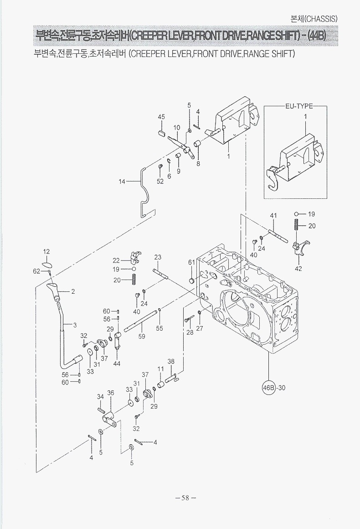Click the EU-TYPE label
[x=299, y=106]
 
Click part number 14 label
[x=122, y=182]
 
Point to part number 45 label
[x=161, y=117]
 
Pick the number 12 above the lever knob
[x=46, y=251]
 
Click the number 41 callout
[x=273, y=215]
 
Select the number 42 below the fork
[x=298, y=269]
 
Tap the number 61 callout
[x=191, y=262]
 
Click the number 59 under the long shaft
[x=142, y=336]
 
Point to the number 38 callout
[x=171, y=362]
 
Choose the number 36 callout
[x=110, y=393]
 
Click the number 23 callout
[x=158, y=257]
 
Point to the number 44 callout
[x=117, y=363]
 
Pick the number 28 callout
[x=190, y=332]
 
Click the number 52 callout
[x=160, y=182]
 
